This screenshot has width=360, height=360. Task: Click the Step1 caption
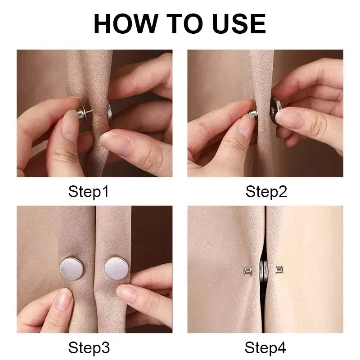click(89, 192)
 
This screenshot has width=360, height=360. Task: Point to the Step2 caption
click(266, 192)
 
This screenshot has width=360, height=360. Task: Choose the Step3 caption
click(89, 348)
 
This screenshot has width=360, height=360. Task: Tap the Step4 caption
click(266, 348)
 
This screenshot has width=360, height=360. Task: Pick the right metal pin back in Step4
click(280, 270)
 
